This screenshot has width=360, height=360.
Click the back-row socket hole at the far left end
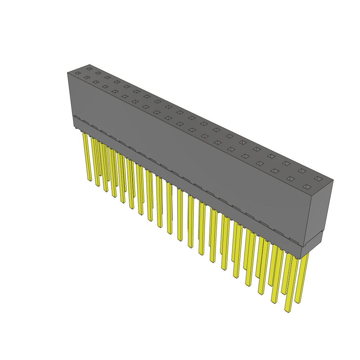(x=89, y=69)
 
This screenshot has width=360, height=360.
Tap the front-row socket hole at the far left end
(x=78, y=73)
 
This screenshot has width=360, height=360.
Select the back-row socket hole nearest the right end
(x=318, y=179)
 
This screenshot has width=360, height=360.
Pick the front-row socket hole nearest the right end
(x=307, y=187)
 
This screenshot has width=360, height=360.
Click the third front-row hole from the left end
(x=96, y=82)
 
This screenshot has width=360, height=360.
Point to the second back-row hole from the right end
(x=302, y=171)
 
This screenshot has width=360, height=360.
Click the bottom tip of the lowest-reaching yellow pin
(x=287, y=311)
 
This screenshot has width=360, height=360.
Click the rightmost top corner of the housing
(x=333, y=180)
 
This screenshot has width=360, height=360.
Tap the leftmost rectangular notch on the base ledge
(x=77, y=118)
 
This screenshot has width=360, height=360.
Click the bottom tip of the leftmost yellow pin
(x=90, y=180)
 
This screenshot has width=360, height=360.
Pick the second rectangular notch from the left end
(x=86, y=122)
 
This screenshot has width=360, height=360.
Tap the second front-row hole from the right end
(x=290, y=179)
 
